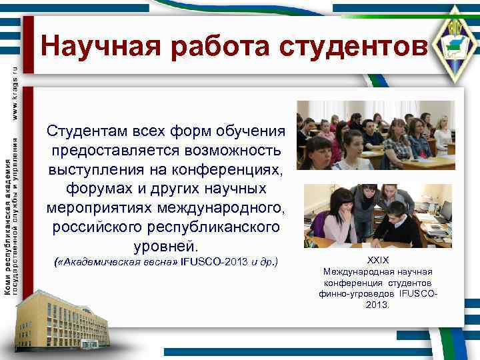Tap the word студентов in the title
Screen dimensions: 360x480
[x=352, y=47]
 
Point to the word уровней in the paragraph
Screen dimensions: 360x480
[x=166, y=245]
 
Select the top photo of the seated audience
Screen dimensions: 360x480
[x=375, y=135]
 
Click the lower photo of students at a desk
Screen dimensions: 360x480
[x=377, y=216]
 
